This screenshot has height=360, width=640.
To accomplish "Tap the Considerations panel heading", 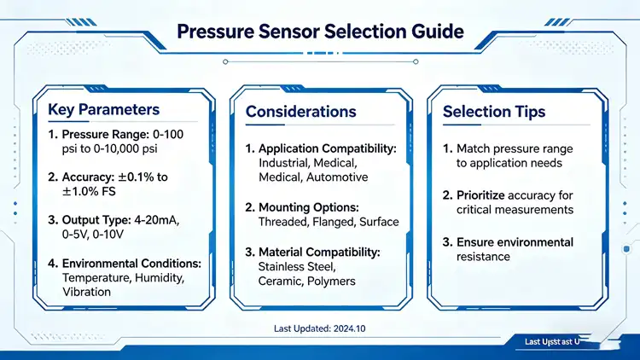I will coord(300,112).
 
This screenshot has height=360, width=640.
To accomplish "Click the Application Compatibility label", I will coord(328,148).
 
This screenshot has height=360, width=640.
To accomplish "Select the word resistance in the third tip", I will coord(483,257).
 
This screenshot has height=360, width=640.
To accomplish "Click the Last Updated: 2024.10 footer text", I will coord(318,328).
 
